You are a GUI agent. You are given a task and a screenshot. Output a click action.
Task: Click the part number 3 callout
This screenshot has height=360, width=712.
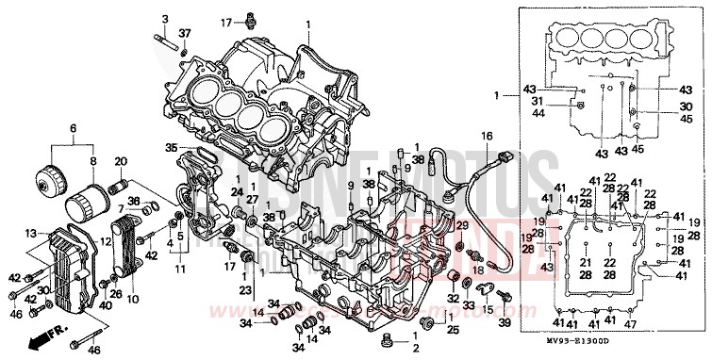[x=164, y=20]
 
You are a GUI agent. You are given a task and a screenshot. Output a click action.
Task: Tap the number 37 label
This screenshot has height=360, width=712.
[x=185, y=33]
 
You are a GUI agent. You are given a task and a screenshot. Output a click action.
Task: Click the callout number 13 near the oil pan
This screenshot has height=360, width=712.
[x=31, y=233]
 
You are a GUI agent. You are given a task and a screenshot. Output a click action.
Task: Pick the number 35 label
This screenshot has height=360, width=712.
[x=170, y=147]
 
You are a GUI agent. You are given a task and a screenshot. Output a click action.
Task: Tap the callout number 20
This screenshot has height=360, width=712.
[x=121, y=160]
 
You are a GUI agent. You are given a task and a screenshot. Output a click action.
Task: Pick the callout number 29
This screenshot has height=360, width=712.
[x=463, y=226]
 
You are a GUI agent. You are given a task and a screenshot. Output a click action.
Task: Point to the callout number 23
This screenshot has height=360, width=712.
[x=245, y=290]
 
